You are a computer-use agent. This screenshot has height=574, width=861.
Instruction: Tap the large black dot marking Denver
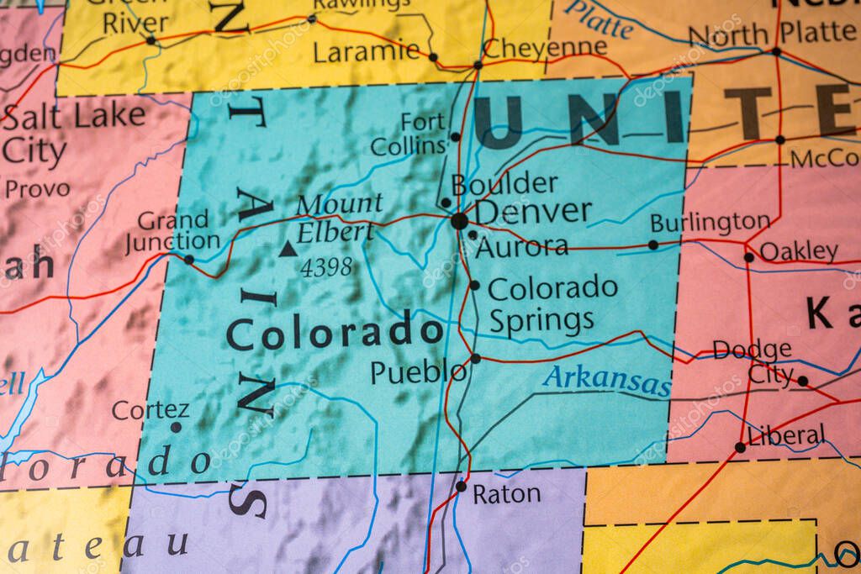point(459,221)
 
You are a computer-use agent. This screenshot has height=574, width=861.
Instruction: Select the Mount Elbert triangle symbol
point(288,249)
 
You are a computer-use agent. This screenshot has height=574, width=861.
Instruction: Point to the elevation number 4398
point(326,268)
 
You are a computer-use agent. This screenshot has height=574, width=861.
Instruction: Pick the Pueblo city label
point(418,371)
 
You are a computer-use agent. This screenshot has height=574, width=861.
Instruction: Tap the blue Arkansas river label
point(606,380)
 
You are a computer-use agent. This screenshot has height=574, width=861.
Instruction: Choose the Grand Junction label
point(172,232)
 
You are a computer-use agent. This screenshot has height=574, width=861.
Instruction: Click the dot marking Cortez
point(176,427)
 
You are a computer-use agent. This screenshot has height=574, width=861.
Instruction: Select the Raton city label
point(506,494)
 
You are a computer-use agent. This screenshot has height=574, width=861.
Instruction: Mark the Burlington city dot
point(652,245)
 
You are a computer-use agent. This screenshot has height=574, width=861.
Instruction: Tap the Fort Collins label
point(409,134)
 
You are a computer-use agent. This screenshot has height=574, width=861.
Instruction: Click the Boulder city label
point(504,183)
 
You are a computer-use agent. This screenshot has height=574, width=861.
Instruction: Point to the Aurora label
point(521,247)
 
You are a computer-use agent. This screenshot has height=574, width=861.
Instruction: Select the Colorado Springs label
point(552,303)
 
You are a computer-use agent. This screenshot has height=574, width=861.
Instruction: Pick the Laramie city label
point(366,52)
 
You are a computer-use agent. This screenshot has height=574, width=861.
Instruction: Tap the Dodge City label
point(752,361)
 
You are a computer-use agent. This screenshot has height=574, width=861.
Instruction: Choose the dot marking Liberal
point(740,447)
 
